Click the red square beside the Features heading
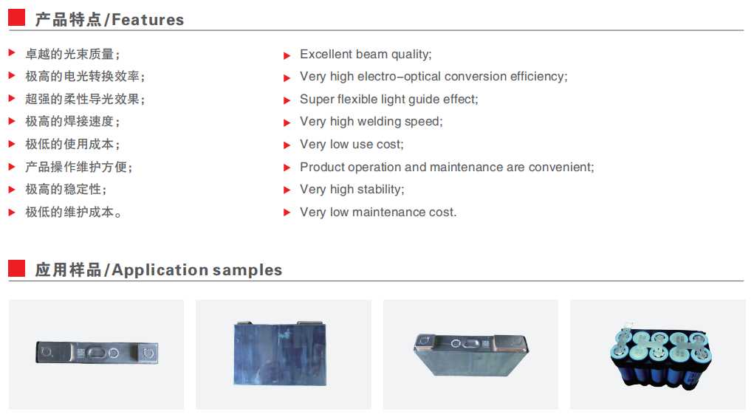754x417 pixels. pos(16,17)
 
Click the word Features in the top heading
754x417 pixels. pos(148,20)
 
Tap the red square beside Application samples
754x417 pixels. pos(16,268)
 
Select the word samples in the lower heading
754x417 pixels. pos(247,270)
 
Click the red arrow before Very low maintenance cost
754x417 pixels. pos(287,213)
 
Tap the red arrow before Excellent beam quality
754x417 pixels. pos(287,56)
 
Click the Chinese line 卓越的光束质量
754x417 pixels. pos(72,55)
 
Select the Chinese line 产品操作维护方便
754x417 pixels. pos(78,168)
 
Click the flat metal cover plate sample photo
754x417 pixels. pos(97,353)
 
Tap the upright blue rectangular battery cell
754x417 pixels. pos(280,353)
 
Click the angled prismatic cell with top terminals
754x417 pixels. pos(470,354)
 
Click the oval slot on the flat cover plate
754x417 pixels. pos(97,353)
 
